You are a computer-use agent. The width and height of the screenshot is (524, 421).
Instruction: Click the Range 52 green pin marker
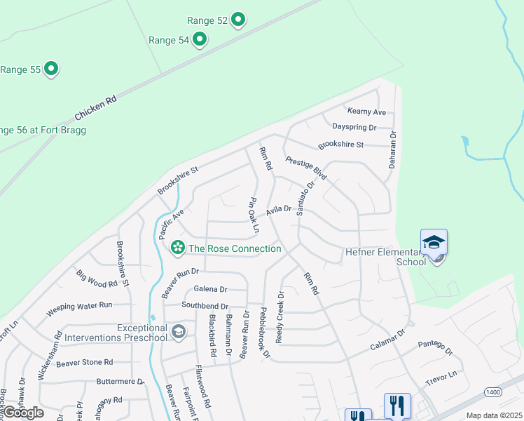[x=238, y=20]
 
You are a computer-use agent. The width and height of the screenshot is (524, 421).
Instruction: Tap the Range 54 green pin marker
[x=200, y=39]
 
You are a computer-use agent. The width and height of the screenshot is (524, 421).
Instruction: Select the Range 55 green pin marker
[x=50, y=69]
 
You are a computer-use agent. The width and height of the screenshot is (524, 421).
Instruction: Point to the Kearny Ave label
[x=366, y=112]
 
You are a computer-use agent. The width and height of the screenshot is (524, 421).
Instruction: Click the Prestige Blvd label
[x=307, y=167]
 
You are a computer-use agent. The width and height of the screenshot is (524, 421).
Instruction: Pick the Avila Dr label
[x=278, y=209]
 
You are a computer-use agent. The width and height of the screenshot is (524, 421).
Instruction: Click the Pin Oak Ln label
[x=253, y=215]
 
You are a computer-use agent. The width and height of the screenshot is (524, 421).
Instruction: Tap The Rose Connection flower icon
[x=178, y=247]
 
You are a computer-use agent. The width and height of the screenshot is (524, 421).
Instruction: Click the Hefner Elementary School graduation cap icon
[x=434, y=243]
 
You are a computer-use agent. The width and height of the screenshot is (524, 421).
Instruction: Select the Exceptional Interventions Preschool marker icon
[x=179, y=331]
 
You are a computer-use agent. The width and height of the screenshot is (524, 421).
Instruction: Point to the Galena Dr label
[x=211, y=289]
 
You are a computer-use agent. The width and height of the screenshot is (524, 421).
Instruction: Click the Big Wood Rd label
[x=97, y=281]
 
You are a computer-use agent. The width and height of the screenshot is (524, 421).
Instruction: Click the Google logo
[x=23, y=413]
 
